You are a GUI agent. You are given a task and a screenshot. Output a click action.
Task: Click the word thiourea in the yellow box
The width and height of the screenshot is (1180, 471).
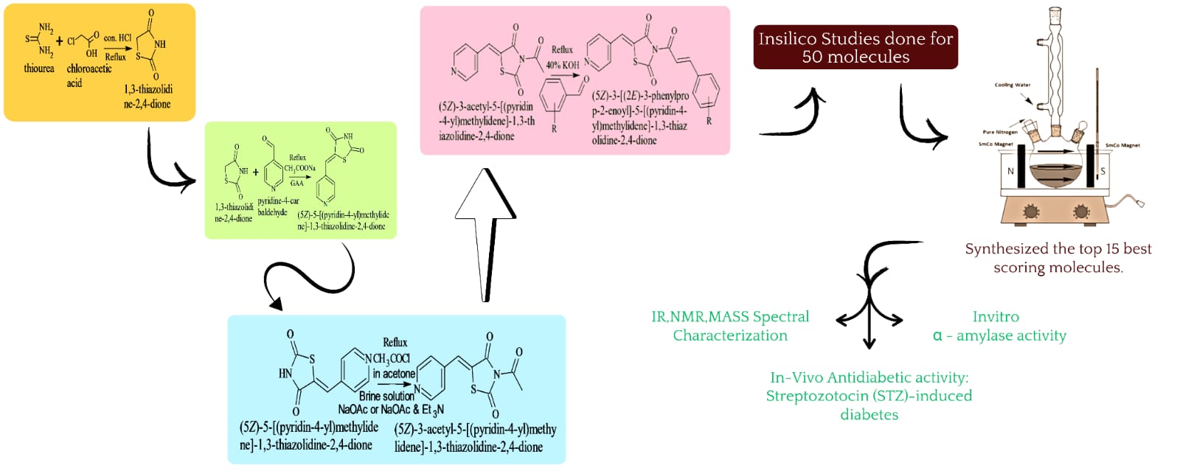tap(39, 69)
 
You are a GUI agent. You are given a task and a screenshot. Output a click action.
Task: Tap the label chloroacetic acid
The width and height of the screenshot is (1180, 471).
tap(88, 75)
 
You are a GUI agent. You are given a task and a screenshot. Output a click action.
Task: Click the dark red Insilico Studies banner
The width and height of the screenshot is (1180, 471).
tap(855, 47)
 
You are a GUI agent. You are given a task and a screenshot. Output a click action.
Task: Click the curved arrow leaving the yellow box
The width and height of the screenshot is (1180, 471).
tap(167, 167)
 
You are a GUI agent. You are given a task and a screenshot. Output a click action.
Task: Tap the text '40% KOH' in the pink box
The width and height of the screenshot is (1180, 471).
tap(563, 65)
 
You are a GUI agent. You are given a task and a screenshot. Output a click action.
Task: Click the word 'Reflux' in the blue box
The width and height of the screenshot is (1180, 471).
tap(395, 342)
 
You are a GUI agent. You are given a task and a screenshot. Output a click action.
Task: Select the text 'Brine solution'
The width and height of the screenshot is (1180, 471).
tap(386, 396)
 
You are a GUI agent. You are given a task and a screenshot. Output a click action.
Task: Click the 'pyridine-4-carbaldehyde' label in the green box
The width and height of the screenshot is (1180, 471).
tap(277, 206)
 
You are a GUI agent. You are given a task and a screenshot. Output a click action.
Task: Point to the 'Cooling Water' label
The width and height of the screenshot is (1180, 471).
tap(1012, 85)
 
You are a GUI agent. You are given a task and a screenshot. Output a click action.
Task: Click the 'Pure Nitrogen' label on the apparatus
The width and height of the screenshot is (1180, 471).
tap(999, 132)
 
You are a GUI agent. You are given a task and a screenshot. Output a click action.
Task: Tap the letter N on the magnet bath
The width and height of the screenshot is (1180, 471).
tap(1010, 171)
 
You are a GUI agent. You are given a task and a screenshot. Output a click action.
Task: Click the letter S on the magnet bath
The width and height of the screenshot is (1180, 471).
tap(1103, 171)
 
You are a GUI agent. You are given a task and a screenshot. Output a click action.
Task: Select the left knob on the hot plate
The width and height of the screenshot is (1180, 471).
tap(1031, 212)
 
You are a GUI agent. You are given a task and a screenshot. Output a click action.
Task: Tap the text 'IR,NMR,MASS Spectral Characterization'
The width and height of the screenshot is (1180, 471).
tap(730, 326)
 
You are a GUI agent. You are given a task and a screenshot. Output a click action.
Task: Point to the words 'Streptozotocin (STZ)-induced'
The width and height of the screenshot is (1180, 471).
tap(869, 396)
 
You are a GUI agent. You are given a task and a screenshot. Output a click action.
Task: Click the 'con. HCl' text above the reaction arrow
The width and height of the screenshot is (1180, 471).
tap(117, 38)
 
